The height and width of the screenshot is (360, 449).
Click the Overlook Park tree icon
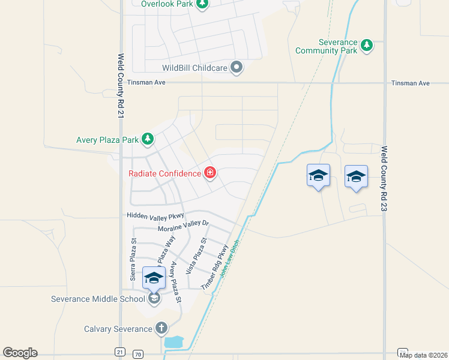(203, 4)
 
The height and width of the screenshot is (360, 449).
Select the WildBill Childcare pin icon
(237, 67)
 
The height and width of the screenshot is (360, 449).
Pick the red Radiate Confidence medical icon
(210, 173)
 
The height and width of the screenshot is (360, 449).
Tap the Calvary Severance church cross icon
(161, 328)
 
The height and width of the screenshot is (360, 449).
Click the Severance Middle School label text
(97, 299)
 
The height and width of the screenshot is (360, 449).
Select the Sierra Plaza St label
(134, 262)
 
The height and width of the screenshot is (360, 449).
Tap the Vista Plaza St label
(196, 256)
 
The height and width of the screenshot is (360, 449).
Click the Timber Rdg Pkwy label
(215, 268)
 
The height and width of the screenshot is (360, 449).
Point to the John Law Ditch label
(230, 259)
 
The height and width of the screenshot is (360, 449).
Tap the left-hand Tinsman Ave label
(146, 83)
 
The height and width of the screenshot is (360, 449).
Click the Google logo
(20, 353)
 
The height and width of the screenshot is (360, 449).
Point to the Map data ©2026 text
(423, 355)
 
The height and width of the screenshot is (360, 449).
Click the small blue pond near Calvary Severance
(174, 343)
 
